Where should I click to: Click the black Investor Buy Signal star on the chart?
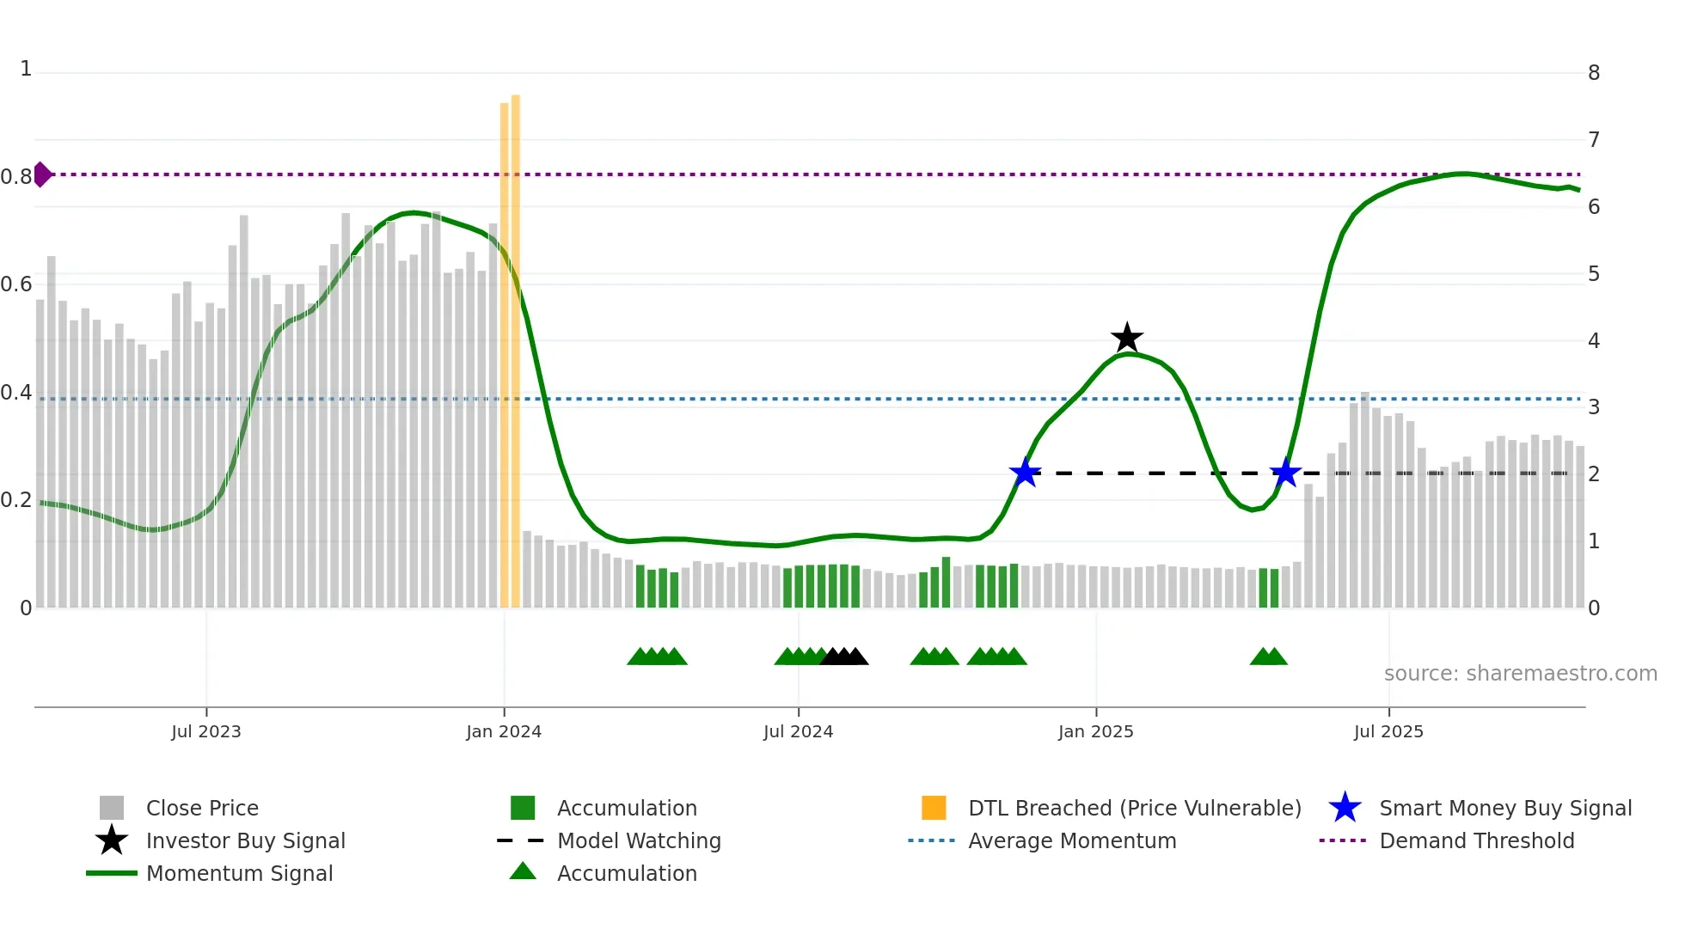click(1126, 338)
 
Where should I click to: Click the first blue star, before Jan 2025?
click(1025, 473)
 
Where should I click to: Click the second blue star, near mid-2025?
click(1285, 473)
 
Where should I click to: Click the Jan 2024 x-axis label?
click(504, 731)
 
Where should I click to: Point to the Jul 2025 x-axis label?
click(1388, 731)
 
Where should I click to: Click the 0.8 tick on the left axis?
click(16, 177)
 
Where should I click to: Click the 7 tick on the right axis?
click(1594, 139)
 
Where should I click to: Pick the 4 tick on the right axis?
click(1594, 341)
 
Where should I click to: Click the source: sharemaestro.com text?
click(1520, 674)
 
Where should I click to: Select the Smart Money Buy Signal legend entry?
click(1504, 808)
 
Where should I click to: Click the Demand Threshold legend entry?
click(1476, 840)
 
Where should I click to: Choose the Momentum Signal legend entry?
click(239, 873)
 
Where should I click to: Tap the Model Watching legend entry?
click(638, 840)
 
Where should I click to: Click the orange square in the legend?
click(934, 808)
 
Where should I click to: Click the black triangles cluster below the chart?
click(844, 657)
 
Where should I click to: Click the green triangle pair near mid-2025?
click(1269, 657)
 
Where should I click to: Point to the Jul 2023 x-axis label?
click(206, 731)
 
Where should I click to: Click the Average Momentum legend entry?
click(1071, 840)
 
